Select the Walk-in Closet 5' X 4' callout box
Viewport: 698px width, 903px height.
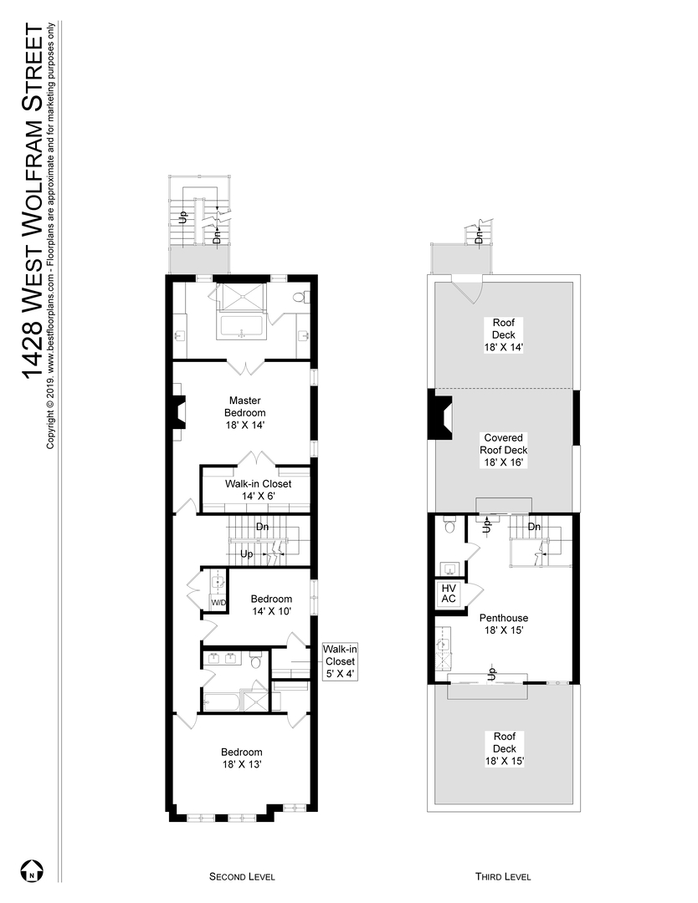(341, 661)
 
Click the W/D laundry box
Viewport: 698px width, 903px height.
(218, 602)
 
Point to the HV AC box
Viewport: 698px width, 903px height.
(448, 594)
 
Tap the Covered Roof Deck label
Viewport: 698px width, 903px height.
(503, 449)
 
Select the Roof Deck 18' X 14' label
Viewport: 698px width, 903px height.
(503, 334)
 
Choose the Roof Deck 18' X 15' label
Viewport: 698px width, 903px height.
(503, 749)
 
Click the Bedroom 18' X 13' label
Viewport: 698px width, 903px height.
(242, 758)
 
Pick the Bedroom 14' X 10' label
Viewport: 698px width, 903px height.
(271, 605)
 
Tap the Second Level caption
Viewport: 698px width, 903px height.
(242, 876)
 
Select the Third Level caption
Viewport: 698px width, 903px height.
(503, 876)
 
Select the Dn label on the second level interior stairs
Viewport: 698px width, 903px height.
(262, 527)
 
